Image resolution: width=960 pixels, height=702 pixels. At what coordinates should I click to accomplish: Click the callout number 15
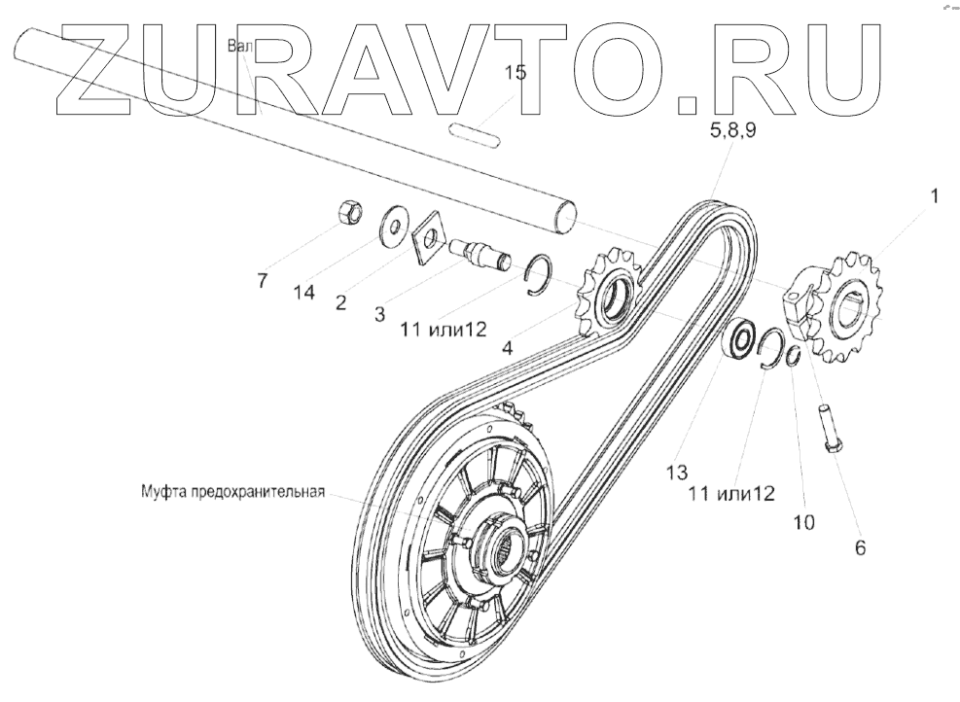(515, 74)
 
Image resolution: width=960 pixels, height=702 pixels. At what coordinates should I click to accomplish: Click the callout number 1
(932, 196)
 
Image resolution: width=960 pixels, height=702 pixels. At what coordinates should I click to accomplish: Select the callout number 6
(859, 546)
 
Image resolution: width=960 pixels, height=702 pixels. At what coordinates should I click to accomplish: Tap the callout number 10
(802, 521)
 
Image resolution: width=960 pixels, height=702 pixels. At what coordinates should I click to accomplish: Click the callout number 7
(262, 282)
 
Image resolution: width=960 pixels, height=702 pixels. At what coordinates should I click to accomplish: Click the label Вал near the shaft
(239, 46)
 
